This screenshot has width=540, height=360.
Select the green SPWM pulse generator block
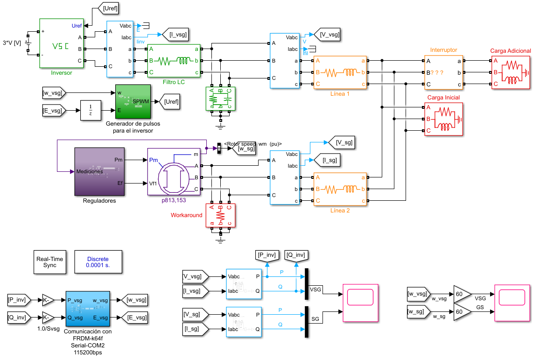tap(133, 101)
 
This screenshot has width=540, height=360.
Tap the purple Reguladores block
tap(99, 172)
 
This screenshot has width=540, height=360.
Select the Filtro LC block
tap(174, 61)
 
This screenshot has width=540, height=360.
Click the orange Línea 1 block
tap(340, 72)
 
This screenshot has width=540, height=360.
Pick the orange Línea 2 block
tap(340, 189)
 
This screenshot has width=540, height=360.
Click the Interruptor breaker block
tap(443, 72)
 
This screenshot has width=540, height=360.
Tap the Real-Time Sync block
tap(49, 262)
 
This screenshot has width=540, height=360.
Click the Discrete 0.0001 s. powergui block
tap(98, 262)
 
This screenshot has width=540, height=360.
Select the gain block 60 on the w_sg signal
tap(462, 311)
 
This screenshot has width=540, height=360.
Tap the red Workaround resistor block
tap(221, 215)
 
